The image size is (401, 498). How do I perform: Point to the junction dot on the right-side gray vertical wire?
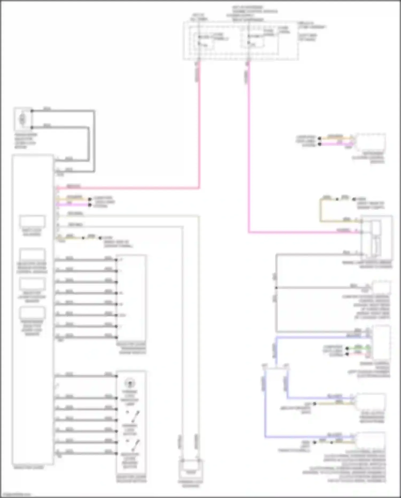(276, 288)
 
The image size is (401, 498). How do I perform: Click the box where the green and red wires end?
(381, 343)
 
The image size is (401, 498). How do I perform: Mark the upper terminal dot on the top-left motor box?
(32, 111)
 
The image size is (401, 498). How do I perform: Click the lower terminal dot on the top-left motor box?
(32, 127)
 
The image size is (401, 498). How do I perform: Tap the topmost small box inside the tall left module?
(32, 222)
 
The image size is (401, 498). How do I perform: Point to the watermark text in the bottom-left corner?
(16, 495)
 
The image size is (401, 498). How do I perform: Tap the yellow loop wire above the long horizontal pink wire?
(321, 210)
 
